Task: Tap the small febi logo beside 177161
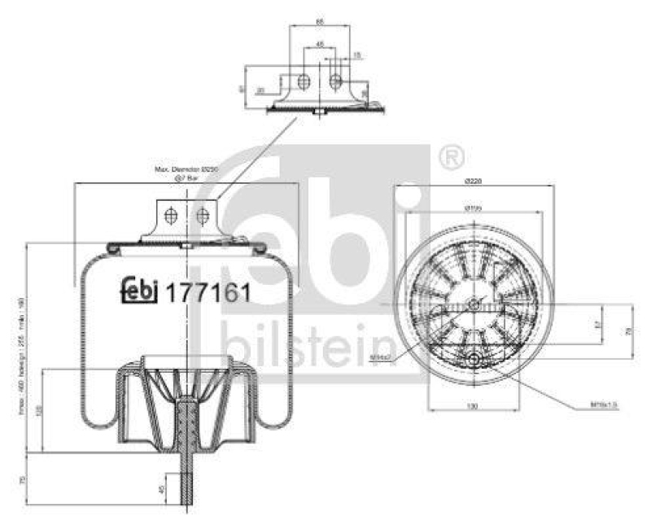139,292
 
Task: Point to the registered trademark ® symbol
450,154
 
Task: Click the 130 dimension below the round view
472,405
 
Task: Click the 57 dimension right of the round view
598,324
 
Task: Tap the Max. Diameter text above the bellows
188,169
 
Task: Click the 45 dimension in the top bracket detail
320,43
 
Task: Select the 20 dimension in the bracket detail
260,90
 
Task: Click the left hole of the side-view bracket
170,216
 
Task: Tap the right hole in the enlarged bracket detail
335,81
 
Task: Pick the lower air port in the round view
472,359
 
